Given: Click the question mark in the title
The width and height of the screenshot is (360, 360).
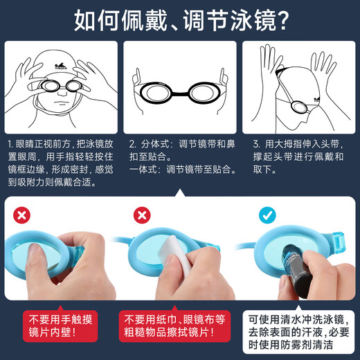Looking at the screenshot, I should (x=280, y=21).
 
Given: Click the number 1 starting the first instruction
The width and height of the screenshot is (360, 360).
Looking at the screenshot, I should (x=10, y=144).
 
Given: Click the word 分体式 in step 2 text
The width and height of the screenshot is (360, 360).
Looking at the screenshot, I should (x=154, y=144).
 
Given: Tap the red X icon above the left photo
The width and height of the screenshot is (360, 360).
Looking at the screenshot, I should (x=21, y=215).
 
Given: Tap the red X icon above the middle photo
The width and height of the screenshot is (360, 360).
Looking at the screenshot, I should (x=141, y=215).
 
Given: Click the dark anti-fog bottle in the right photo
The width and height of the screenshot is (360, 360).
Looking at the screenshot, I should (x=291, y=267).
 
